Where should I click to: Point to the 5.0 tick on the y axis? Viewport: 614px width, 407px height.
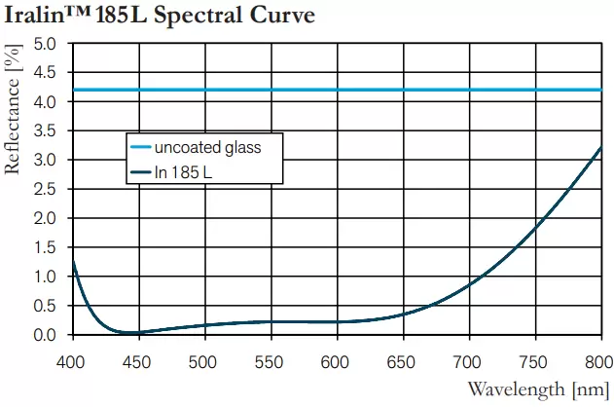point(44,44)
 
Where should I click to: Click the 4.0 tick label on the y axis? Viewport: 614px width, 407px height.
point(44,102)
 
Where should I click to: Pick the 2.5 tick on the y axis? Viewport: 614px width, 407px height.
point(44,189)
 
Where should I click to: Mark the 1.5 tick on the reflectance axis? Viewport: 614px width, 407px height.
point(44,247)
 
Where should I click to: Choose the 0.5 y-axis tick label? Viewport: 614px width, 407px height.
point(44,306)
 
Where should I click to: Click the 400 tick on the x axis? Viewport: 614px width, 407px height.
point(73,362)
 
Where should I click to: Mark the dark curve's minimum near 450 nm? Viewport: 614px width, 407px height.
point(129,332)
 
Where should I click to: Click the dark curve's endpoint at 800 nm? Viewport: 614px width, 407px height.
point(600,147)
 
